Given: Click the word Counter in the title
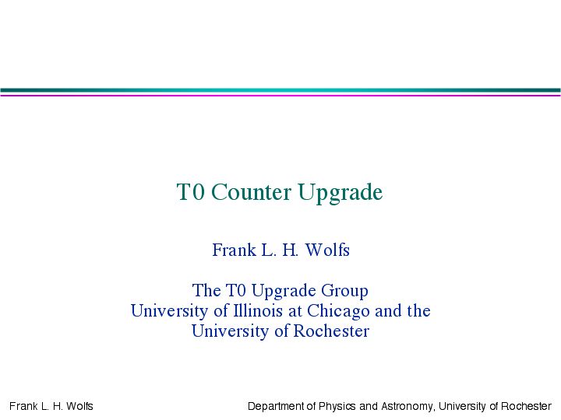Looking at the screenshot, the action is (x=251, y=192).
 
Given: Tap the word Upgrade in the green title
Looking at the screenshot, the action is (x=340, y=193).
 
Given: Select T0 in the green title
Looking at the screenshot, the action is (x=190, y=192).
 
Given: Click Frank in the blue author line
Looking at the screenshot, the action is (x=234, y=250).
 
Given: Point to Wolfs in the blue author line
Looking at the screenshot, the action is (x=327, y=250).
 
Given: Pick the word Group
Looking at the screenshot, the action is (x=344, y=291).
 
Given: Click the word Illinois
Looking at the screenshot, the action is (x=258, y=310).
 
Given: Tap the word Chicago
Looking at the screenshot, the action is (x=338, y=311).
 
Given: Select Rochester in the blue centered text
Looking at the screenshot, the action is (x=331, y=331).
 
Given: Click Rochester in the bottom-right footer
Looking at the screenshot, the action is (x=526, y=406).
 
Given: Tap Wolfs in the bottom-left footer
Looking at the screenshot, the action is (x=79, y=406).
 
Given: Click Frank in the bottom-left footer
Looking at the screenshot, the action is (x=23, y=406).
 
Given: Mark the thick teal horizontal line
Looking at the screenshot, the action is (x=280, y=90).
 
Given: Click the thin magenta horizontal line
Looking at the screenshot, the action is (x=280, y=95).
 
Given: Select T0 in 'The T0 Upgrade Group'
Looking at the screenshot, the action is (x=236, y=290).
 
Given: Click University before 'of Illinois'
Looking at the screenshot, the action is (x=169, y=311).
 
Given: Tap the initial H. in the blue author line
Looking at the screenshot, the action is (x=290, y=250).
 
